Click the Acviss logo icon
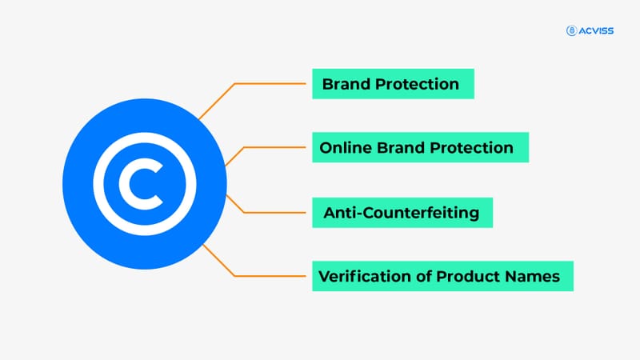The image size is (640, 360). tap(571, 30)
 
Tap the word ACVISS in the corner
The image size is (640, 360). tap(598, 30)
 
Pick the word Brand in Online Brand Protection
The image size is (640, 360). tap(399, 148)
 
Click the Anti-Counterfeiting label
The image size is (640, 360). tap(401, 213)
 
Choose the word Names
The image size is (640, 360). tap(534, 277)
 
